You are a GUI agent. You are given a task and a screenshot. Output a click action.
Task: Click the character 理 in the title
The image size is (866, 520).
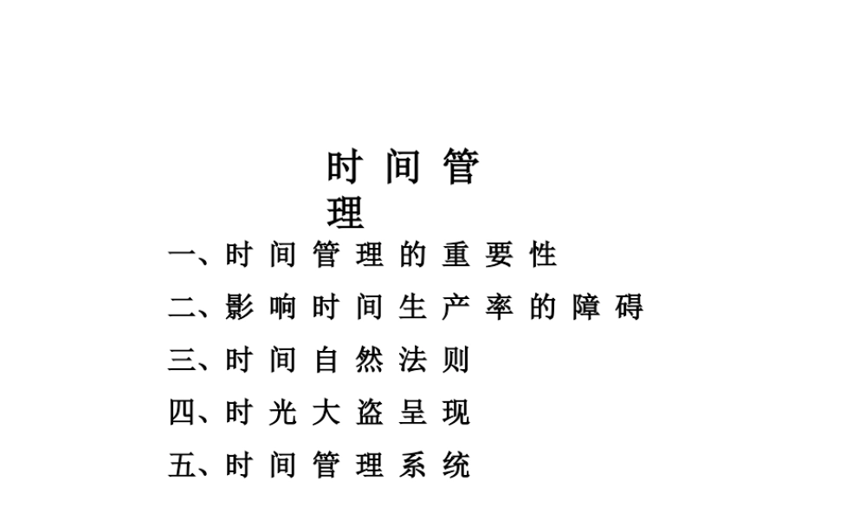tap(346, 211)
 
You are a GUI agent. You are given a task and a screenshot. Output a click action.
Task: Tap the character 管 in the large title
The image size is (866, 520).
tap(460, 166)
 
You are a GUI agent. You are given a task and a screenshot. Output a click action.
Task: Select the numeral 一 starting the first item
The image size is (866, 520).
tap(182, 255)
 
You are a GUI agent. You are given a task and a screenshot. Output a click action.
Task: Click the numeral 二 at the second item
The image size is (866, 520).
tap(182, 308)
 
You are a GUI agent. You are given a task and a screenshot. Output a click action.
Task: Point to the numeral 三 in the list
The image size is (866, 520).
tap(182, 361)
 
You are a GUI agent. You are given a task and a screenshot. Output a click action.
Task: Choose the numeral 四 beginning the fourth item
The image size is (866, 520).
tap(182, 413)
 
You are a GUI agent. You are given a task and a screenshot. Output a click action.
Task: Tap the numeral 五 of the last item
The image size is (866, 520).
tap(182, 466)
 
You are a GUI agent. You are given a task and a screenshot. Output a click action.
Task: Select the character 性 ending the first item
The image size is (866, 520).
tap(543, 255)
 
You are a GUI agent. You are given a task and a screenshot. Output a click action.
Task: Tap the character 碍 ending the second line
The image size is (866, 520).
tap(630, 308)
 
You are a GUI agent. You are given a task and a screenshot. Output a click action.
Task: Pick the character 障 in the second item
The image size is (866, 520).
tap(586, 308)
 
